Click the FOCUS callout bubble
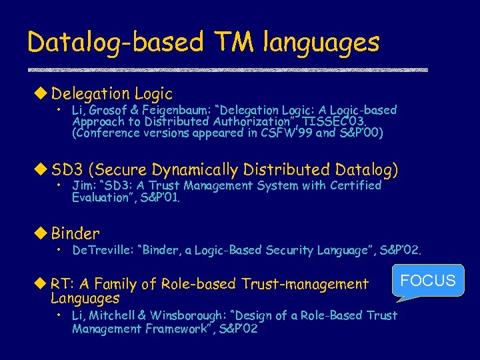pyautogui.click(x=428, y=281)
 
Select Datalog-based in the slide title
pyautogui.click(x=115, y=43)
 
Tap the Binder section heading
pyautogui.click(x=75, y=233)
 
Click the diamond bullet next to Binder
pyautogui.click(x=43, y=233)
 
